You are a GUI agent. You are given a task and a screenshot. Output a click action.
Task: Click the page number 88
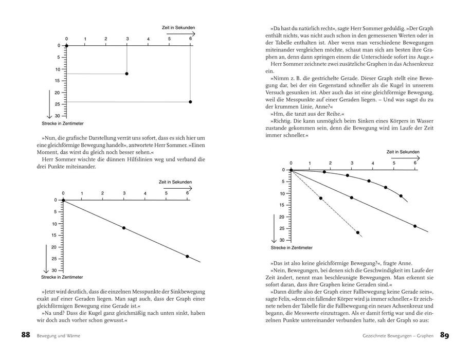(26, 335)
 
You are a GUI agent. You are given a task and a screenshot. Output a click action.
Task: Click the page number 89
(445, 335)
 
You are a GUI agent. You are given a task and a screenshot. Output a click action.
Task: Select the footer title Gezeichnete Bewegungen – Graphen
(395, 336)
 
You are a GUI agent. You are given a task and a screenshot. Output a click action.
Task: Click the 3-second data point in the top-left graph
(127, 74)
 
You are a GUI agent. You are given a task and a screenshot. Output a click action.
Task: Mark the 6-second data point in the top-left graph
(190, 102)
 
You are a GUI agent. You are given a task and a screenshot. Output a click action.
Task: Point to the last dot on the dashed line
(358, 232)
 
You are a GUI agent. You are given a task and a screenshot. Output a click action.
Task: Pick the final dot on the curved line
(401, 196)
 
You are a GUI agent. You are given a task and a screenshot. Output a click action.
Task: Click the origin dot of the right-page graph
(291, 170)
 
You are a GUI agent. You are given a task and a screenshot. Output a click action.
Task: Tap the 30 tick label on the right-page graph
(282, 240)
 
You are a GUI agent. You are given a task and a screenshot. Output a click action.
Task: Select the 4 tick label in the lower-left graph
(145, 194)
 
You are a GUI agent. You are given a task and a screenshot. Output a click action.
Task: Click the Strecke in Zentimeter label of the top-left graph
(62, 124)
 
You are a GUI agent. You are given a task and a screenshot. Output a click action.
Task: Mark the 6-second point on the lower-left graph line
(187, 256)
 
